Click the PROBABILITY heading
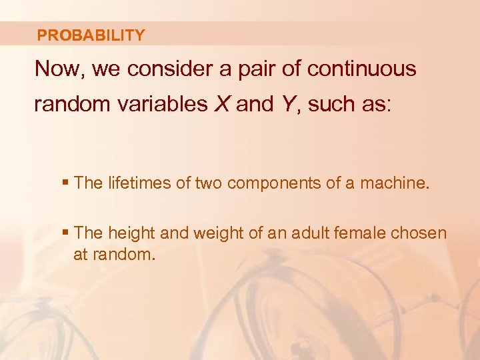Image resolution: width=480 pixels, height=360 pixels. point(91,35)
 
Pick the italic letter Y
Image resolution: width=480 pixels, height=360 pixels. point(287,104)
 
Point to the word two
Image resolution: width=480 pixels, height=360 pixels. point(209,183)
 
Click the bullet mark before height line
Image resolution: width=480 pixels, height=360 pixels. point(65,233)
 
